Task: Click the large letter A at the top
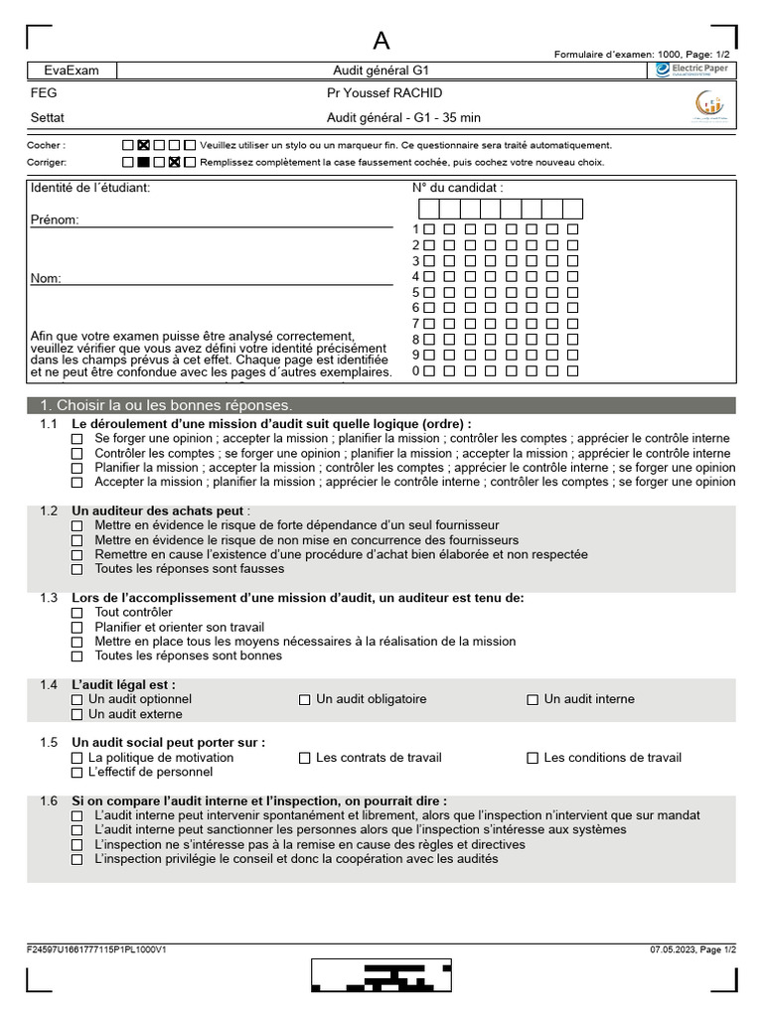[x=381, y=40]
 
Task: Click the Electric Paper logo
[x=691, y=70]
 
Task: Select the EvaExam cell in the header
[x=71, y=71]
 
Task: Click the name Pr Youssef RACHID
[x=384, y=93]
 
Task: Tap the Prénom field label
[x=54, y=219]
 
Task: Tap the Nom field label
[x=46, y=278]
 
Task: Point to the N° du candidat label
[x=458, y=188]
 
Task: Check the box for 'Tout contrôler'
[x=77, y=613]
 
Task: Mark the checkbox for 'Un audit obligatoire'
[x=305, y=699]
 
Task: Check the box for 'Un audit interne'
[x=533, y=699]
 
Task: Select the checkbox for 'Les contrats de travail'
[x=305, y=758]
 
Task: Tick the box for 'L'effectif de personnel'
[x=77, y=772]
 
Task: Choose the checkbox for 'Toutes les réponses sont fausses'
[x=77, y=569]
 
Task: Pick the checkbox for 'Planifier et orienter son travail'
[x=77, y=628]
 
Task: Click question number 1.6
[x=49, y=800]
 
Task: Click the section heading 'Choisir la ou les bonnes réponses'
[x=165, y=405]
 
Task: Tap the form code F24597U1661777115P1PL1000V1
[x=96, y=949]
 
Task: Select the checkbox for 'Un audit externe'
[x=77, y=714]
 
